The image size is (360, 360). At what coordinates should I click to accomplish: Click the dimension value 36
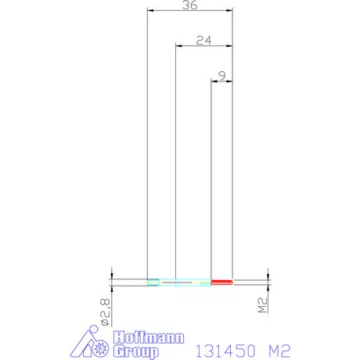[189, 5]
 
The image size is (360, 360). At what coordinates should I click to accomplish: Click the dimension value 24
[203, 41]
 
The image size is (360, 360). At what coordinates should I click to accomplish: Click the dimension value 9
[222, 76]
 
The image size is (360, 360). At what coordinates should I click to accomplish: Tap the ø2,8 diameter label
[105, 312]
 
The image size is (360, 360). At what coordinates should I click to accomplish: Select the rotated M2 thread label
[263, 305]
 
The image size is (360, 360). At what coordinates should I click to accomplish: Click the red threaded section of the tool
[221, 282]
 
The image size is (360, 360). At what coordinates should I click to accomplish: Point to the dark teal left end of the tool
[153, 282]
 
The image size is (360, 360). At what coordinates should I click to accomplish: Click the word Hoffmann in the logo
[149, 337]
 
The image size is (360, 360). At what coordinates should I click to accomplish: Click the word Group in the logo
[136, 351]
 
